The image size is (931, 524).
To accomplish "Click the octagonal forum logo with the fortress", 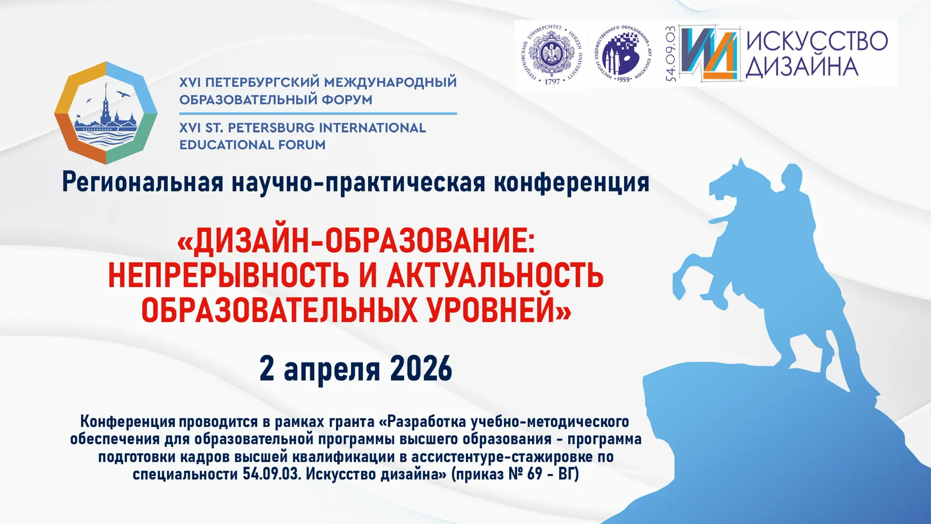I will coord(106,113).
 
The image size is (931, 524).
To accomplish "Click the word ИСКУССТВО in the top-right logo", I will coord(817,41).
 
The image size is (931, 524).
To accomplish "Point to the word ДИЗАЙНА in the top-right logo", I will coord(802,67).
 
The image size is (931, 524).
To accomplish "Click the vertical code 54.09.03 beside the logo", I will coord(671,54).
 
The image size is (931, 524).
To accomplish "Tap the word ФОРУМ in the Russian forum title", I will coord(348,100).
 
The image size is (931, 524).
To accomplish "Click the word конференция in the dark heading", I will coord(571,183).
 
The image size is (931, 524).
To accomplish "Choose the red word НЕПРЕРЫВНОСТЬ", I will coord(228,276).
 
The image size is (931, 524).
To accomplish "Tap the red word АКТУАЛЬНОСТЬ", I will coord(495,276).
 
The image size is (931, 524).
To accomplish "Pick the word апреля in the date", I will coord(332,371).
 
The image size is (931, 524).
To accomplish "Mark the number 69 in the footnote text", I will coord(534,474).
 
